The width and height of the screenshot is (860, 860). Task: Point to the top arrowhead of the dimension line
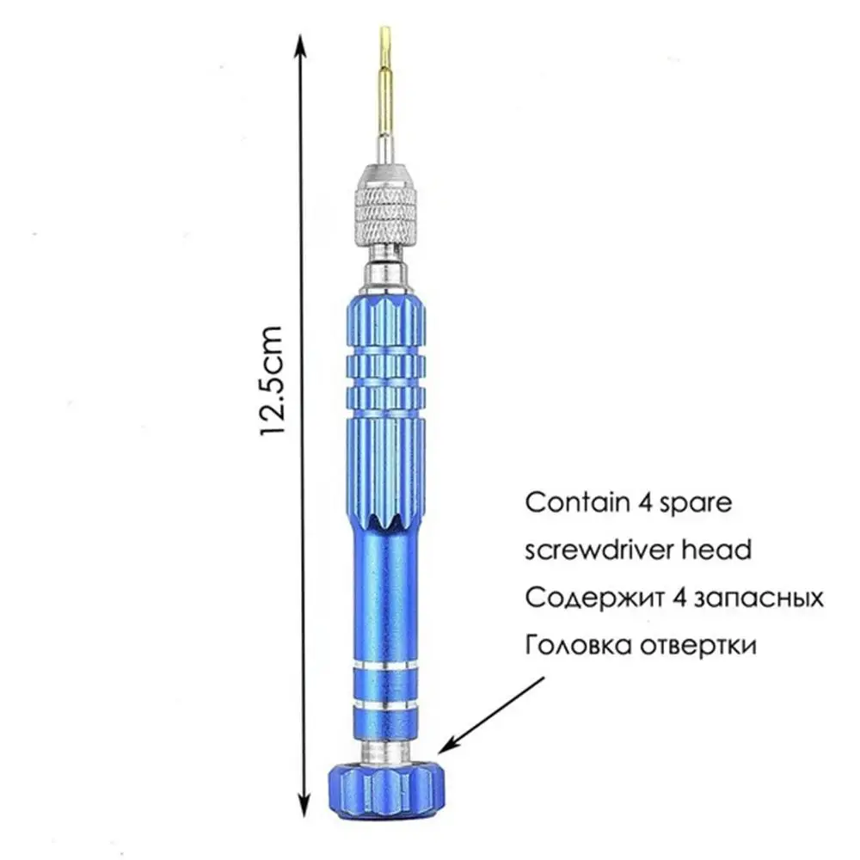(300, 46)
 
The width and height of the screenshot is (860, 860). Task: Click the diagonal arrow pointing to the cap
(491, 716)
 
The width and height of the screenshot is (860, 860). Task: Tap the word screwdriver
(600, 550)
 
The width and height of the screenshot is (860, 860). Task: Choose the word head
(716, 550)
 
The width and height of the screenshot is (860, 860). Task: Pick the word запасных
(759, 598)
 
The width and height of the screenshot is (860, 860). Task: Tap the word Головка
(579, 645)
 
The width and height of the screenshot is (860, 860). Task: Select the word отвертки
(698, 646)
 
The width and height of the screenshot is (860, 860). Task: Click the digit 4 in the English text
(644, 502)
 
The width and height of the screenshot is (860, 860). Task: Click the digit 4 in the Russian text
(679, 598)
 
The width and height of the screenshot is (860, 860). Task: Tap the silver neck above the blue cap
(386, 750)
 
